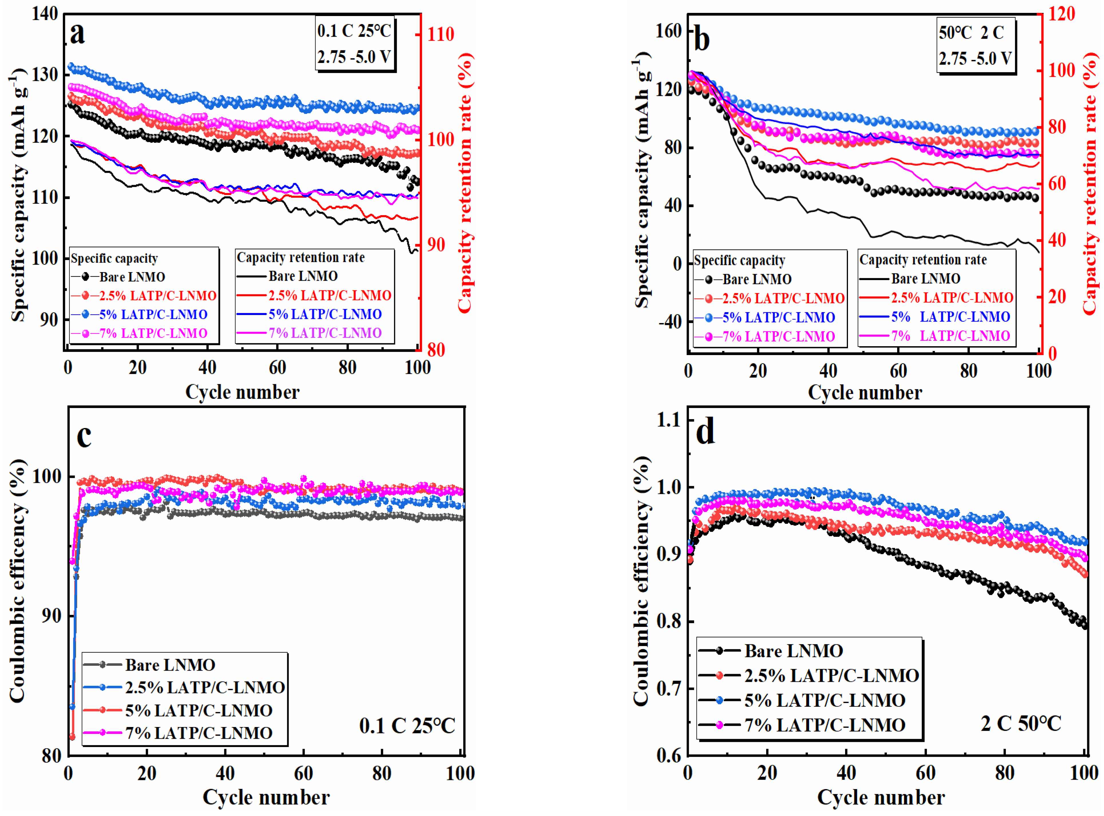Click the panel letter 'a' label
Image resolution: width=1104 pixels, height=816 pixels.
tap(78, 33)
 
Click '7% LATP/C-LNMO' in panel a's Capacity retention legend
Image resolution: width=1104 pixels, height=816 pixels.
tap(324, 333)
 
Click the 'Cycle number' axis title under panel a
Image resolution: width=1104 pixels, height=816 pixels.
tap(242, 392)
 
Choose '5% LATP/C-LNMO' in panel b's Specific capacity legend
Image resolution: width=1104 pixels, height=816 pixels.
tap(778, 317)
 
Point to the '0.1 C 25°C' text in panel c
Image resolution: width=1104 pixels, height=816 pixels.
tap(407, 726)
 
